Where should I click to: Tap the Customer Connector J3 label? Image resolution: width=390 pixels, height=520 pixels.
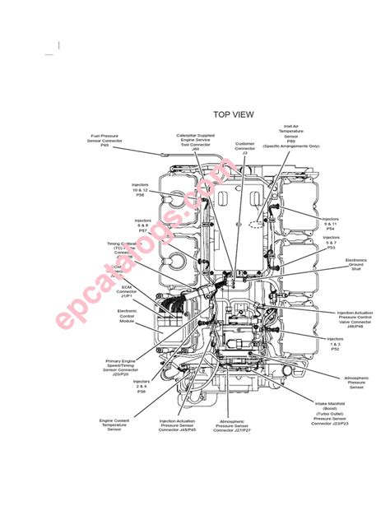point(245,148)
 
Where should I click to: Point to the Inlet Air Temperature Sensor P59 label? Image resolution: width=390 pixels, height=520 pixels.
point(290,134)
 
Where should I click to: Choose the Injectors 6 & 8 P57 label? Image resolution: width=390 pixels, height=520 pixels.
point(142,225)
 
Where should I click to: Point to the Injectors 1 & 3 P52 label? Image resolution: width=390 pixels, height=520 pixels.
point(335,343)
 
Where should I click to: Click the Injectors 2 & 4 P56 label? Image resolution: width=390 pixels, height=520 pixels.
point(142,386)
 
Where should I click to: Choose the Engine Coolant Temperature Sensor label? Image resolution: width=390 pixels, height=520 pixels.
point(115,424)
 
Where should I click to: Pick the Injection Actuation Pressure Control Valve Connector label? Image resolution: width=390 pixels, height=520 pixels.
point(355,319)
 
